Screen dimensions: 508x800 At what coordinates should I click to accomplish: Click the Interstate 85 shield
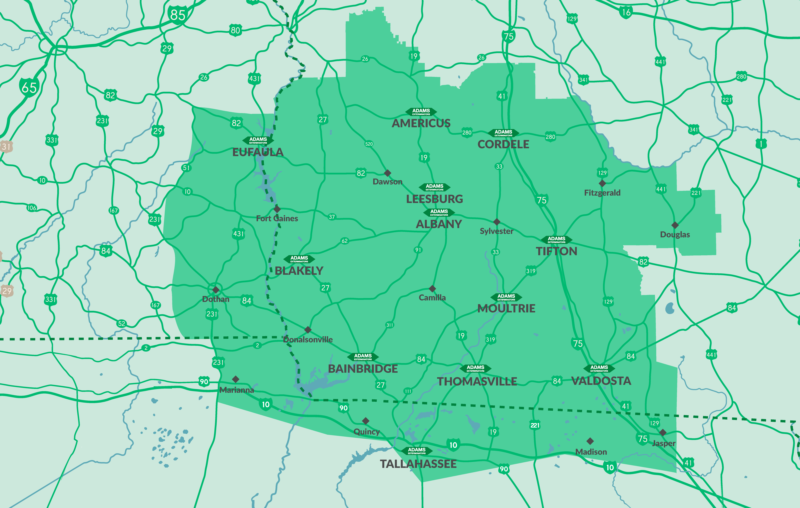[x=177, y=15]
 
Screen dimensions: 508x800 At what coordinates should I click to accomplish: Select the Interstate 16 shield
[x=626, y=13]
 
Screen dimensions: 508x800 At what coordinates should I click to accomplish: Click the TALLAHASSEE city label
[x=418, y=464]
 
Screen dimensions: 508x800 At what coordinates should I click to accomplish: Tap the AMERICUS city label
[x=421, y=123]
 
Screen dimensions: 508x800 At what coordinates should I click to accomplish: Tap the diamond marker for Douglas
[x=675, y=225]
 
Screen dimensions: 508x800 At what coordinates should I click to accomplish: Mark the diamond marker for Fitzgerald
[x=602, y=183]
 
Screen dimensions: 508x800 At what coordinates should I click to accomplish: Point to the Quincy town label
[x=366, y=432]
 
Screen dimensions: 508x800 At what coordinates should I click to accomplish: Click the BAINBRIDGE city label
[x=363, y=369]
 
